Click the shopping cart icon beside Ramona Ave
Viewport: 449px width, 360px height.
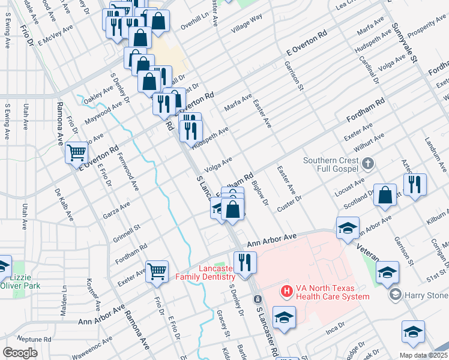pos(77,153)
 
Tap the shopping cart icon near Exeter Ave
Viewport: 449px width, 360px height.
pos(157,271)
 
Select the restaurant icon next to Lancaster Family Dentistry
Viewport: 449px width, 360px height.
pos(245,263)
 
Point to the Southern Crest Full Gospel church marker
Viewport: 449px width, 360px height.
pos(369,163)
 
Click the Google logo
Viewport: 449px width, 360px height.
pos(20,353)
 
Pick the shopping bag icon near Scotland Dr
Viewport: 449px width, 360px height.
pos(385,195)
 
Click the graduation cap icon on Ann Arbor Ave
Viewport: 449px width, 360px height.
pos(348,228)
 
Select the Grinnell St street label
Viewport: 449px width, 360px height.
pos(127,227)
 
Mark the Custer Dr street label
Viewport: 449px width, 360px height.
pos(289,203)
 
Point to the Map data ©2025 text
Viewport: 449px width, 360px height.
pos(423,355)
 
